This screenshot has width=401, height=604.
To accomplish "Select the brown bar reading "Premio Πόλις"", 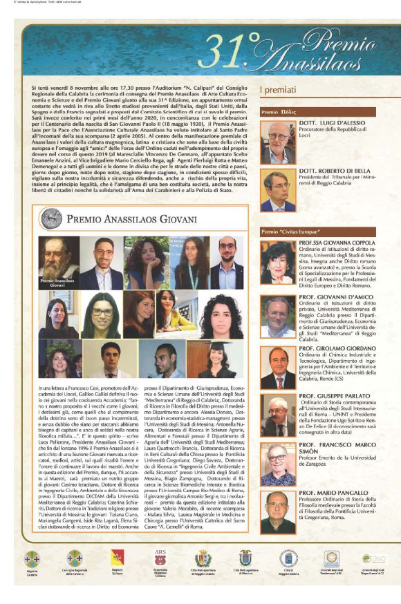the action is [279, 111].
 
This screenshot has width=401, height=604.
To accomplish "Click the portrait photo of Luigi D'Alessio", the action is [278, 139].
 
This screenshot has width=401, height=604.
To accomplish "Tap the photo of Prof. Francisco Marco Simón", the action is [278, 466].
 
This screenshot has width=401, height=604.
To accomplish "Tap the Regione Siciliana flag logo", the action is [126, 558].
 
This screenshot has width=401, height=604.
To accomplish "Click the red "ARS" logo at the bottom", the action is [160, 558].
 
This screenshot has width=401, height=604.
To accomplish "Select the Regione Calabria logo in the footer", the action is [32, 558].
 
